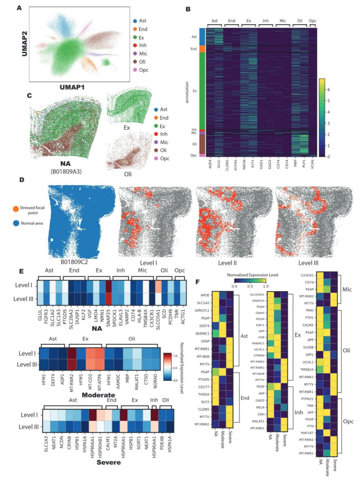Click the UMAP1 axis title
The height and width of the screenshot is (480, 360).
[x=72, y=87]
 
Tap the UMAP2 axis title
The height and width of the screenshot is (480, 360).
[x=24, y=44]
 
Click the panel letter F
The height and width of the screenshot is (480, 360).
[x=197, y=282]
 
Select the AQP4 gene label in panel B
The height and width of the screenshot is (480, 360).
[x=210, y=164]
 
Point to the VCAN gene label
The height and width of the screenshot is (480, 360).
[x=312, y=164]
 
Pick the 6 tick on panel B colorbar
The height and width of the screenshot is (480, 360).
[x=328, y=90]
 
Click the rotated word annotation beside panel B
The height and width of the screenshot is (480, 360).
[x=187, y=92]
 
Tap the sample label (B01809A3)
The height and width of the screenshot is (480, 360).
[x=66, y=172]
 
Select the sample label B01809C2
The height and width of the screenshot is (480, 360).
[x=74, y=262]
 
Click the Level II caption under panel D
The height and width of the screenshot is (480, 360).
[x=227, y=263]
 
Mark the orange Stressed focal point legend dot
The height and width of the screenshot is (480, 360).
[x=16, y=209]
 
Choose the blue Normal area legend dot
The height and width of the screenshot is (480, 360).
[x=16, y=223]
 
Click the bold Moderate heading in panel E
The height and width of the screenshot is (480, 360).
[x=98, y=395]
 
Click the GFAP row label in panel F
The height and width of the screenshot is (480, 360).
[x=205, y=341]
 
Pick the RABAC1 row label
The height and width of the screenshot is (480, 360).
[x=258, y=343]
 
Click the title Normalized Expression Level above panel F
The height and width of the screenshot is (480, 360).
[x=252, y=275]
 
